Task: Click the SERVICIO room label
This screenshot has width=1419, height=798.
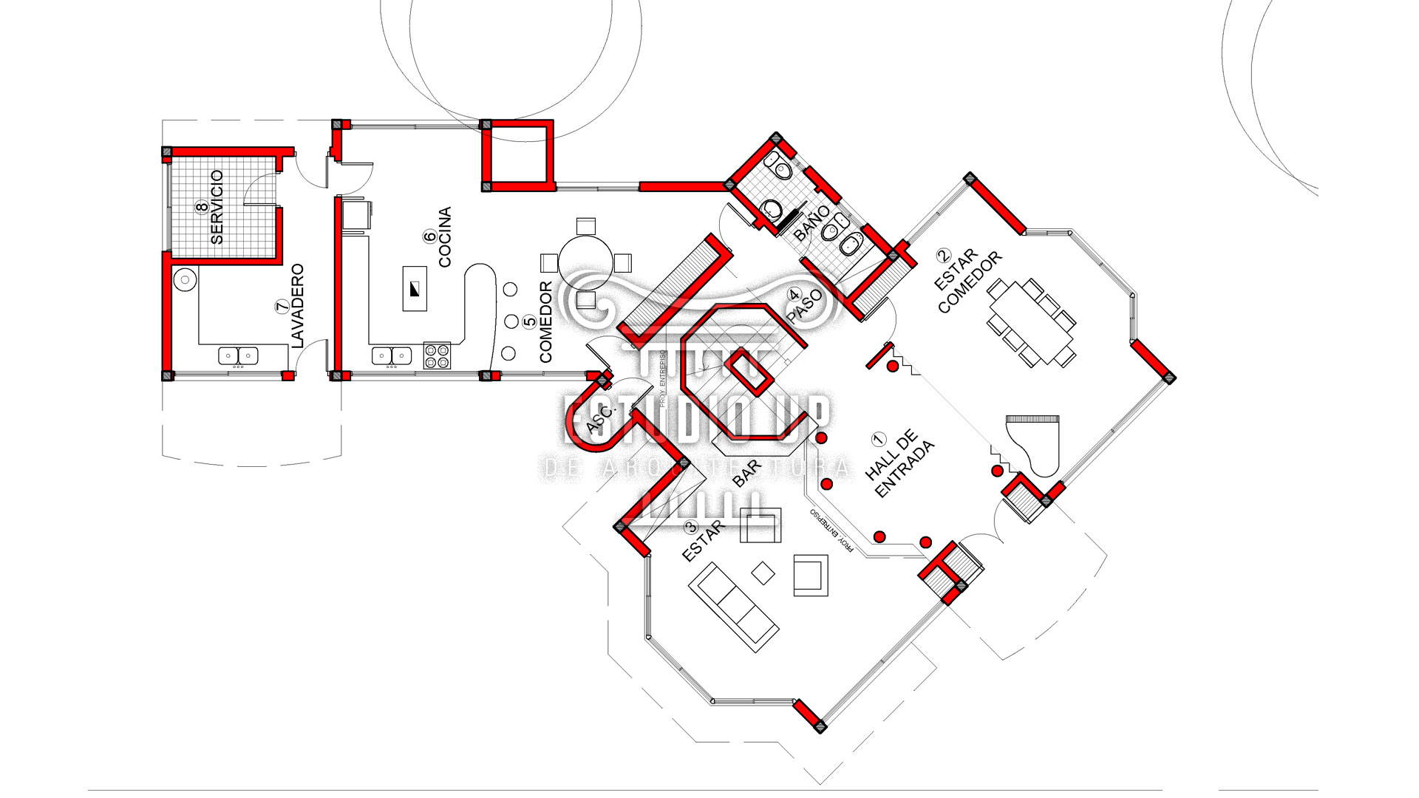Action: pos(217,208)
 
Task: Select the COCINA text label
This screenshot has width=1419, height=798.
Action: pos(445,237)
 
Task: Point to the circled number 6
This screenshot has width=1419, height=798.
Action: pos(429,236)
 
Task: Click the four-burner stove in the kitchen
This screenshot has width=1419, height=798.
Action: pos(437,355)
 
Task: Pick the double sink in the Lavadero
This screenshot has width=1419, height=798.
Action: pos(239,355)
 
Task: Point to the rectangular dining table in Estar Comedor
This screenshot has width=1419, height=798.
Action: pos(1030,321)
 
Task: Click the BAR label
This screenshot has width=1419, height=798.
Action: pos(748,474)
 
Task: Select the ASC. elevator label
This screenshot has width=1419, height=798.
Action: pos(600,420)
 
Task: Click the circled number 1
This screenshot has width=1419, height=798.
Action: pos(878,437)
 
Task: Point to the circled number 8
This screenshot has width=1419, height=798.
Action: pos(201,208)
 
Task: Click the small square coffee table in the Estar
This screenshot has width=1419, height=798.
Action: pos(763,571)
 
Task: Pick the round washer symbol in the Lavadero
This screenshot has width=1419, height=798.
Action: pos(184,279)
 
